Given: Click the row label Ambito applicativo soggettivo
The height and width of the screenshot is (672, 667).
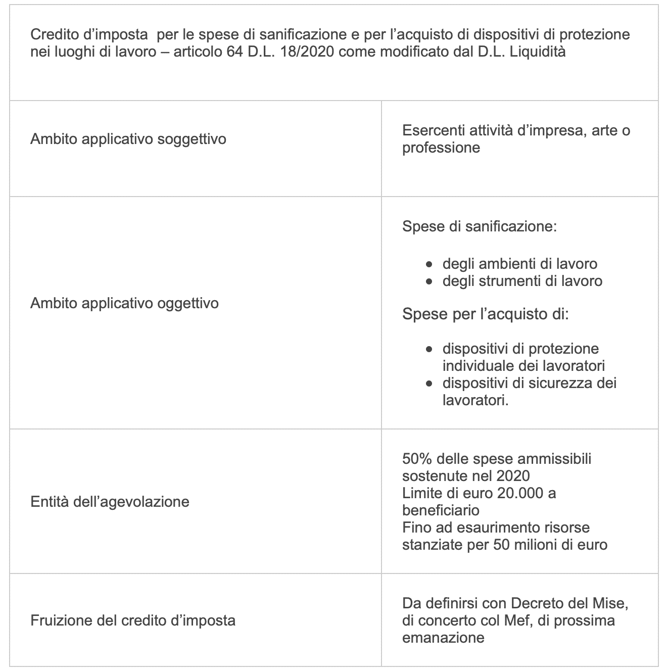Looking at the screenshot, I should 128,139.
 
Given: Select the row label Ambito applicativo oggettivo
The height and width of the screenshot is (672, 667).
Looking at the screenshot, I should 124,303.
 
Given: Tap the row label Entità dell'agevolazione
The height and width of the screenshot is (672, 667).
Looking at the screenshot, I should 110,502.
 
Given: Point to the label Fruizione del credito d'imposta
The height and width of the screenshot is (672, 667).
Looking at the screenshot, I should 133,620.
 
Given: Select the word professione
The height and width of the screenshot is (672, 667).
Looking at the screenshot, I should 441,148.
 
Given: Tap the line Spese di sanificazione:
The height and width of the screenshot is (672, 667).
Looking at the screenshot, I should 479,226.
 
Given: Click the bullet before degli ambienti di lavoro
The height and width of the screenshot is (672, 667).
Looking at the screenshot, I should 429,264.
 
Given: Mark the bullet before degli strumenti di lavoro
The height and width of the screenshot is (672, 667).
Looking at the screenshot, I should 429,281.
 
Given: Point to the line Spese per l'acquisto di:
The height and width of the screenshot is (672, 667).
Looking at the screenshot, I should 485,314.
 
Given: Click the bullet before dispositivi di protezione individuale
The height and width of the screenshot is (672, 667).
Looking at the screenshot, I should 429,349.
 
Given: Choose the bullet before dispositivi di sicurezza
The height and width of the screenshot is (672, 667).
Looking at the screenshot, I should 429,383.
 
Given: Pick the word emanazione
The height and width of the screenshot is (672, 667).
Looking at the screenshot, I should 443,637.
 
